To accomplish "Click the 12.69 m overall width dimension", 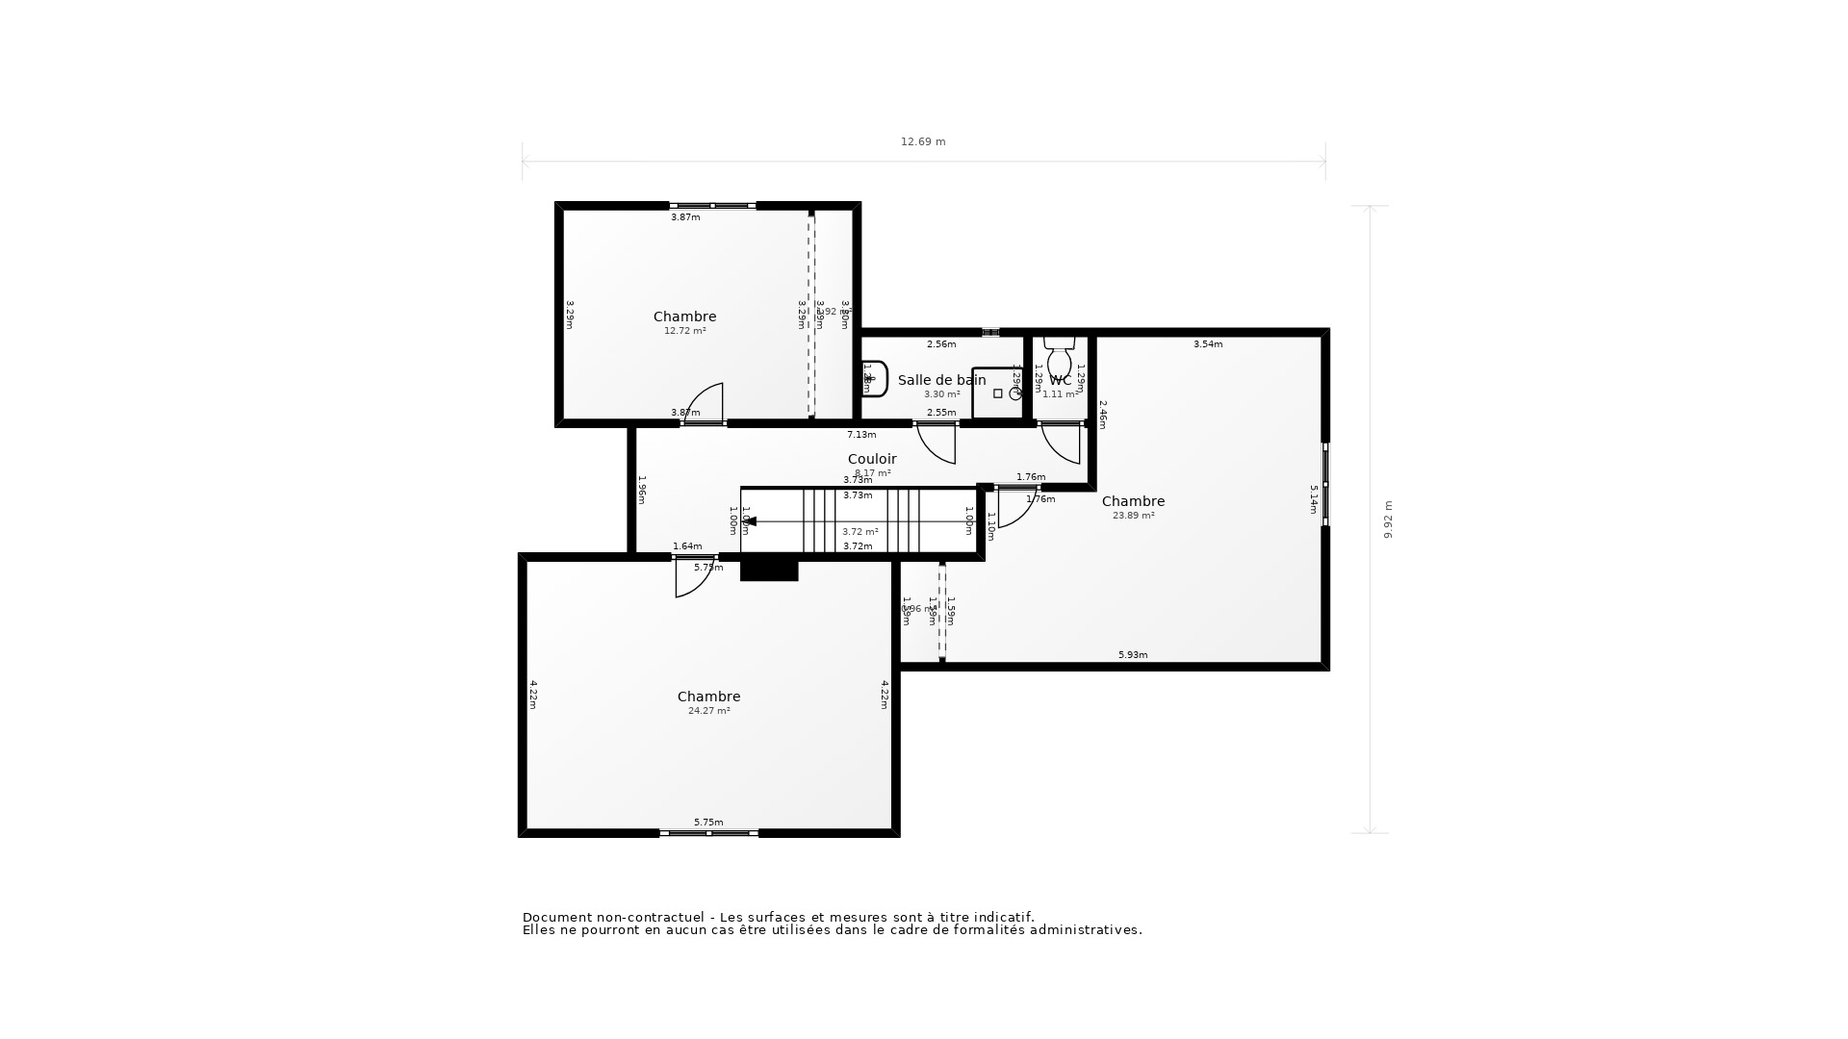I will coord(922,141).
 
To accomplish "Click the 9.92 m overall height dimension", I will coord(1388,519).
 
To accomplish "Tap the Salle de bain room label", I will coord(941,380).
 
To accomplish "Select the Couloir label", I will coord(871,459).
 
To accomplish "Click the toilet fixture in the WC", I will coord(1059,359).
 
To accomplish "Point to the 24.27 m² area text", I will coord(708,711).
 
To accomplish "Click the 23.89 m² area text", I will coord(1133,516).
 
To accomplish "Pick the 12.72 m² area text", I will coord(684,331).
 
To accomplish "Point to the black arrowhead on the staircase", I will coord(750,521).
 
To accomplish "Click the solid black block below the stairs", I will coord(769,570).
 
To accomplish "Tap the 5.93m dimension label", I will coord(1132,655).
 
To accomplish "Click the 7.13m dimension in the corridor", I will coord(860,435).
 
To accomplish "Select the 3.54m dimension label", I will coord(1207,344).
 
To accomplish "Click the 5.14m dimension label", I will coord(1313,499).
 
